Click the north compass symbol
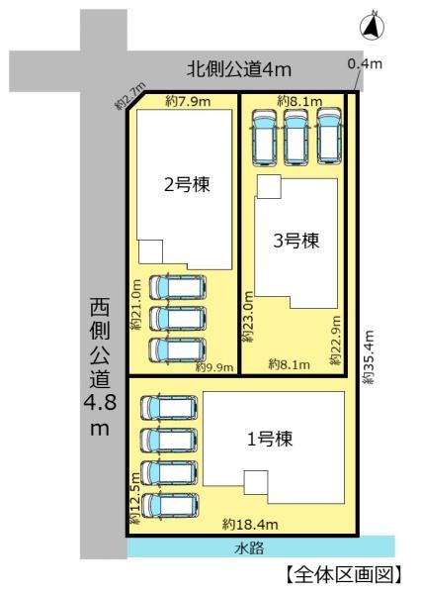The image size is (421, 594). [x=372, y=26]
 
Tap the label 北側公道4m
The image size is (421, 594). [x=239, y=69]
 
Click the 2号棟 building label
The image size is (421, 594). [x=187, y=184]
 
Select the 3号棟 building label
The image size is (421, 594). [x=296, y=241]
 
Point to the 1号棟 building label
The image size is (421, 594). [x=270, y=439]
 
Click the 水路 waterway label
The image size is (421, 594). [x=248, y=547]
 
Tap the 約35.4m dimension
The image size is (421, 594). [x=369, y=357]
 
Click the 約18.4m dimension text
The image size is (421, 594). [x=250, y=525]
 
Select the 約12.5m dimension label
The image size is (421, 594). [x=135, y=497]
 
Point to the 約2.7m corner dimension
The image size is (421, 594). [x=130, y=96]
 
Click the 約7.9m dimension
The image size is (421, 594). [x=188, y=101]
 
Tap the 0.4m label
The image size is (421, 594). [x=365, y=63]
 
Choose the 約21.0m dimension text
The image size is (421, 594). [x=135, y=305]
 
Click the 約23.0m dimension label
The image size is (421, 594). [x=248, y=317]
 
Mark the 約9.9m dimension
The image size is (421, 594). [x=214, y=367]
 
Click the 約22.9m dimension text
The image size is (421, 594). [x=335, y=341]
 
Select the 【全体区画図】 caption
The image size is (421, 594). [x=343, y=575]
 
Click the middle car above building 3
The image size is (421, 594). [x=296, y=137]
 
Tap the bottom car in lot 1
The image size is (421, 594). [x=169, y=506]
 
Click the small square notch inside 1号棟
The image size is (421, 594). [x=256, y=482]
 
